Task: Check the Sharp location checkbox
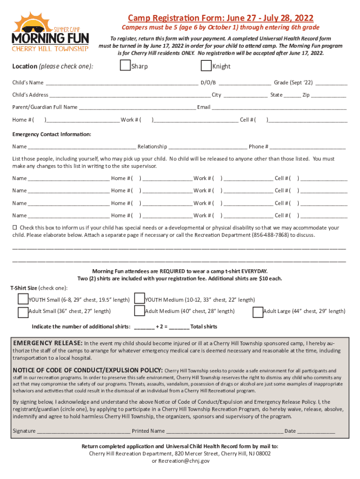click(125, 66)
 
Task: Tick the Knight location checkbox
click(205, 66)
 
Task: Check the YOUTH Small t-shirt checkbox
click(23, 298)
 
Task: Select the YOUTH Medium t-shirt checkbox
click(139, 298)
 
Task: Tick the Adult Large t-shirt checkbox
click(258, 312)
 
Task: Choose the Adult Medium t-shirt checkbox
click(139, 311)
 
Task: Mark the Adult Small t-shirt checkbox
click(23, 312)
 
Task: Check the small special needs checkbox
click(14, 227)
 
